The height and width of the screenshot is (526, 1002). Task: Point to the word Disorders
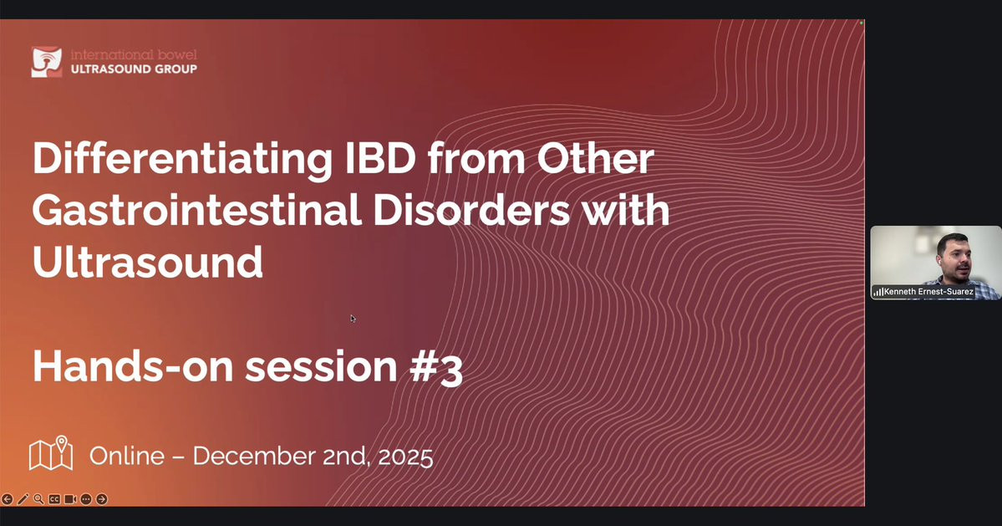click(471, 210)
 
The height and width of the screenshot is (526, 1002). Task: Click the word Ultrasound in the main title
click(148, 262)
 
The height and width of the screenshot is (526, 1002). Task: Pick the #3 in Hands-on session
click(435, 367)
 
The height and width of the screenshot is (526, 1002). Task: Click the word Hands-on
click(133, 366)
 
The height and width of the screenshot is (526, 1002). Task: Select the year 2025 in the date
click(405, 457)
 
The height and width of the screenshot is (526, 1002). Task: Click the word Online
click(126, 456)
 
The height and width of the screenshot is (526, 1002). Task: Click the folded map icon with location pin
click(51, 453)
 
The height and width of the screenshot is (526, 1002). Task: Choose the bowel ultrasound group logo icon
click(47, 62)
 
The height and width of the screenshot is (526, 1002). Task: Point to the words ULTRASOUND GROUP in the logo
click(134, 69)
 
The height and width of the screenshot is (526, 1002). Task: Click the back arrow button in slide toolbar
click(8, 499)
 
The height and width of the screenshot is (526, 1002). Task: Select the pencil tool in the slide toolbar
click(23, 499)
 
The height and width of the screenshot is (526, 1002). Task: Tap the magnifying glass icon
click(39, 499)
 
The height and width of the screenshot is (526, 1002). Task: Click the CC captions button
click(54, 499)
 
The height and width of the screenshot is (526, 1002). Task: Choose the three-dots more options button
click(85, 499)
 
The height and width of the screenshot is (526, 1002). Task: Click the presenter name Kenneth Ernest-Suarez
click(928, 292)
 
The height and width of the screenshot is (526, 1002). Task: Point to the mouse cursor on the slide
click(353, 319)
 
